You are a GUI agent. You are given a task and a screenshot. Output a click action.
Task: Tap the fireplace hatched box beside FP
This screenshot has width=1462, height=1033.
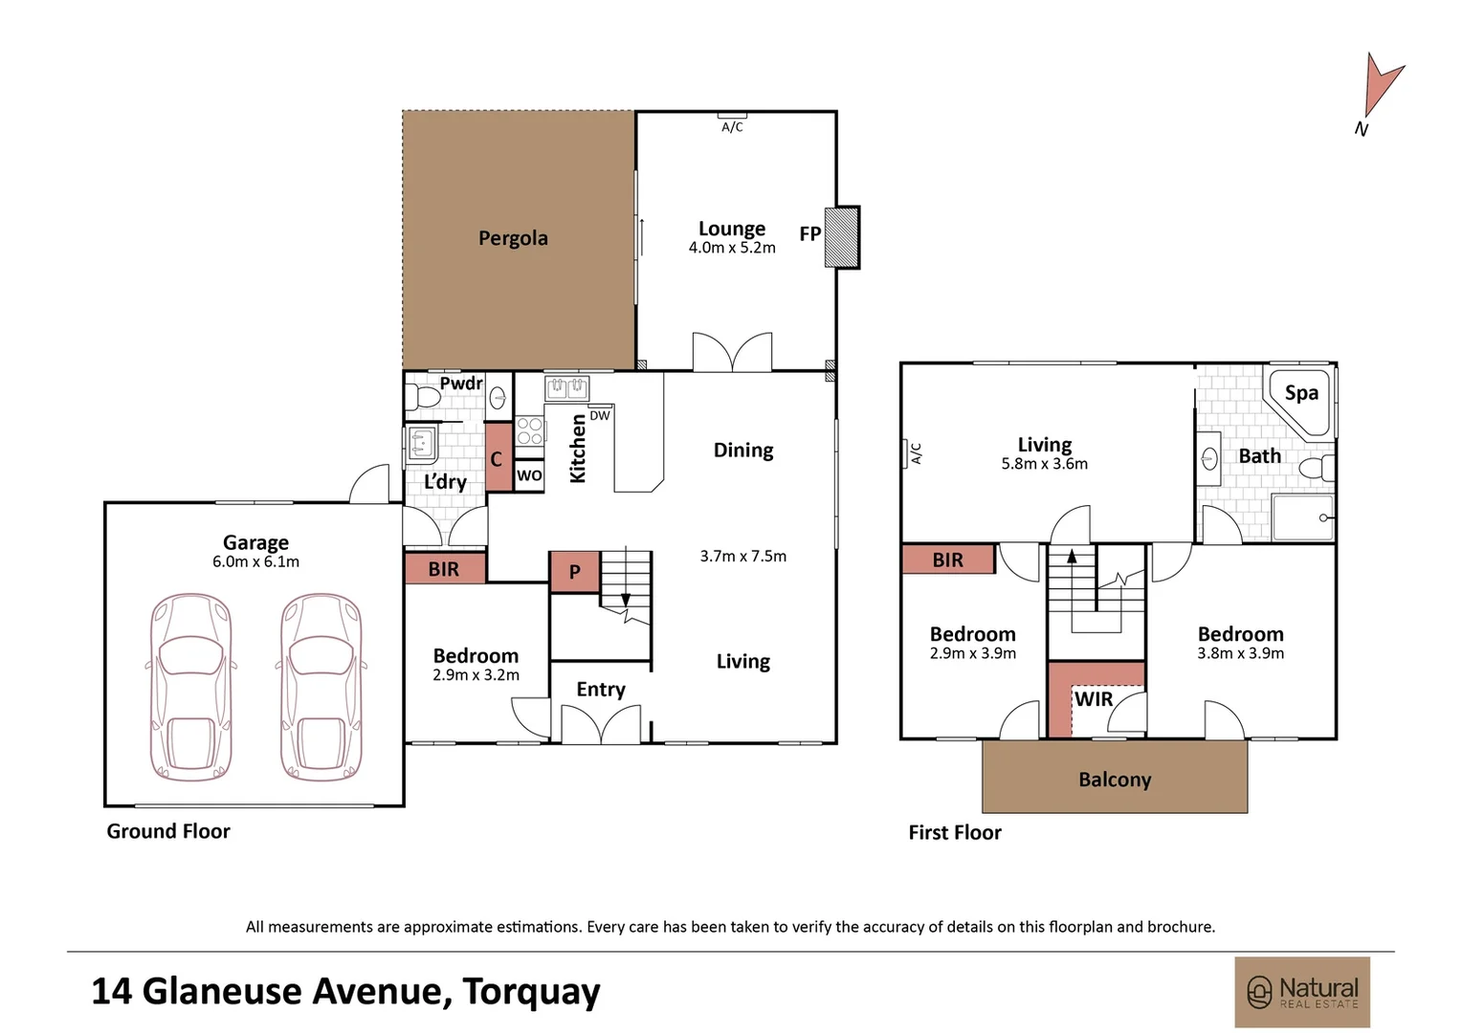coord(842,237)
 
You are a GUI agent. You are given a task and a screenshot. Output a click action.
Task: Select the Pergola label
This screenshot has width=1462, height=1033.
coord(513,238)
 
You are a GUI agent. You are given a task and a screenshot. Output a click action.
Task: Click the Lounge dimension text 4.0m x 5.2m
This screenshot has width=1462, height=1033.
coord(732,248)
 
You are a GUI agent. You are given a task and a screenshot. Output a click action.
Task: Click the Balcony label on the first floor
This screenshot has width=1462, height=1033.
coord(1115,780)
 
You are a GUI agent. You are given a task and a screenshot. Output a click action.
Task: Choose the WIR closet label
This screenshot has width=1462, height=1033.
coord(1094,699)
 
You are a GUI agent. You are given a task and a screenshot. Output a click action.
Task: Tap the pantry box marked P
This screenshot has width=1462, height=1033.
coord(574,572)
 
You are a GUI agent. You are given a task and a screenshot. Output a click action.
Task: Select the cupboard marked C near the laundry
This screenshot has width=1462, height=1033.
coord(498,457)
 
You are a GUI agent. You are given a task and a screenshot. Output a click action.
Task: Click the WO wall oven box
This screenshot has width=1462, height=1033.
coord(529,475)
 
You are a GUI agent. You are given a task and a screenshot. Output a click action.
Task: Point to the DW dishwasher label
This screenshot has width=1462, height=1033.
coord(600,416)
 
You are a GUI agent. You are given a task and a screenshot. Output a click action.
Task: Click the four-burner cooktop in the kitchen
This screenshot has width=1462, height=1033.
coord(529,430)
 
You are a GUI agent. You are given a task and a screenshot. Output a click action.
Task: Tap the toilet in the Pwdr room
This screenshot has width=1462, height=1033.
coord(422,396)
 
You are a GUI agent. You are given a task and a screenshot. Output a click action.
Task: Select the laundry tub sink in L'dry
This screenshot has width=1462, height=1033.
coord(422,445)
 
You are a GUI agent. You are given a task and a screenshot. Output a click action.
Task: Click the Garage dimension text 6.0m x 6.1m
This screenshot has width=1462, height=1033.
coord(255,561)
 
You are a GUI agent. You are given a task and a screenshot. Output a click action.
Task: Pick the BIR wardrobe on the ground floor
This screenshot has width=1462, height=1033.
coord(445,568)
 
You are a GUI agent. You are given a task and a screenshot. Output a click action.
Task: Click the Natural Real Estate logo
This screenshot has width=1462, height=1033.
coord(1301,992)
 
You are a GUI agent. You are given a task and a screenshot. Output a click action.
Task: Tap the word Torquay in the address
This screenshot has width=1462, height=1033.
coord(531,992)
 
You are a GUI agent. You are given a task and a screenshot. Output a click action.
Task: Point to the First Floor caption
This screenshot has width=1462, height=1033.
coord(955,833)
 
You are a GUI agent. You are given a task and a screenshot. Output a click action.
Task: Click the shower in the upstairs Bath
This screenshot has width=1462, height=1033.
coord(1303,517)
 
